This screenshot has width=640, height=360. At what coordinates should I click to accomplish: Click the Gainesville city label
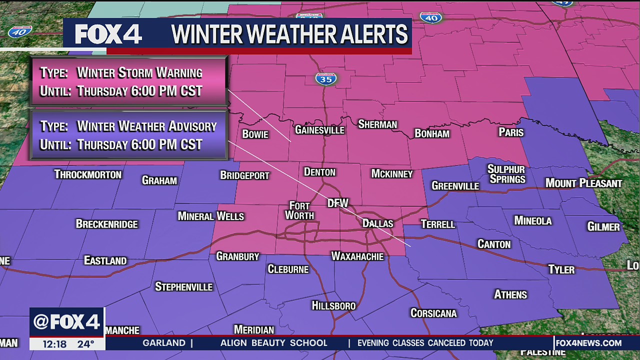[x=319, y=130]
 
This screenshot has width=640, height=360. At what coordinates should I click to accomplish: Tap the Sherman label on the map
[x=377, y=124]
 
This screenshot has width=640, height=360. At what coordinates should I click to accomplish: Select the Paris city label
[x=511, y=132]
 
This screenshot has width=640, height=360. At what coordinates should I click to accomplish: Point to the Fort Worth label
[x=299, y=210]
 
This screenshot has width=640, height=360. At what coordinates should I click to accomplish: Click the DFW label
[x=337, y=203]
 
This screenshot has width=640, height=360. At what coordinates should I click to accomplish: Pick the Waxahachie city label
[x=357, y=256]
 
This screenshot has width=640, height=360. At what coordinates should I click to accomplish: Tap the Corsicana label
[x=433, y=313]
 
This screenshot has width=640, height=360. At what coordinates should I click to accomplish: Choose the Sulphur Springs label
[x=506, y=174]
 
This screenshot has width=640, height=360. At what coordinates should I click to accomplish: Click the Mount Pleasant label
[x=583, y=183]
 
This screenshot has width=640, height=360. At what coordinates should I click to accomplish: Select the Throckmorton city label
[x=88, y=174]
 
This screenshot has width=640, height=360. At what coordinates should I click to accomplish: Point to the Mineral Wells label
[x=211, y=216]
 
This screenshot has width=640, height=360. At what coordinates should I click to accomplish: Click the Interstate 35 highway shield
[x=326, y=78]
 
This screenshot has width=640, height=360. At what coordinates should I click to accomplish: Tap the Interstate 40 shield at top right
[x=430, y=17]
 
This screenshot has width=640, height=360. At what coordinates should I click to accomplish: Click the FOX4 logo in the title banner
[x=108, y=34]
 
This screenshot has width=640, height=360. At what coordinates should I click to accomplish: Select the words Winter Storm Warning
[x=139, y=72]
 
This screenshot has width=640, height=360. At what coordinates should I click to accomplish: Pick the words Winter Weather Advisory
[x=147, y=126]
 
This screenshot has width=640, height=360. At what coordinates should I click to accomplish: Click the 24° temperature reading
[x=85, y=344]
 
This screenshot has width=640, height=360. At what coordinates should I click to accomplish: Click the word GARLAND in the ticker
[x=164, y=343]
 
